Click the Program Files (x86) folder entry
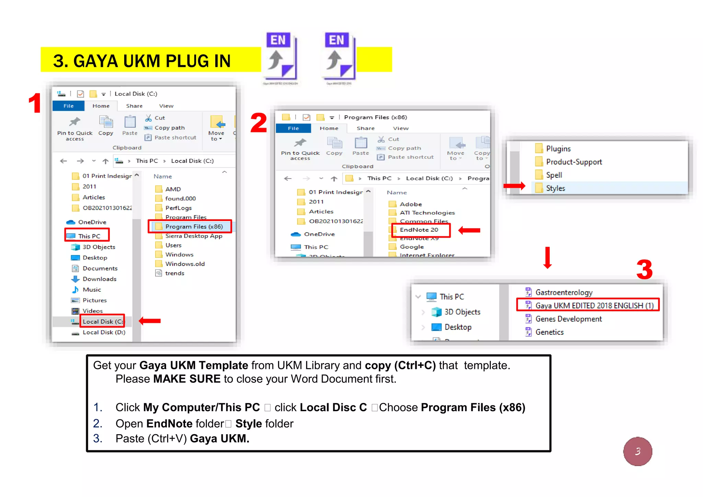(194, 227)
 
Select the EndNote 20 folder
(419, 230)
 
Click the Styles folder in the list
(555, 188)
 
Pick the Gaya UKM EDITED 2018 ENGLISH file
(594, 305)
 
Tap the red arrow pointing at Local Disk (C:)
(150, 321)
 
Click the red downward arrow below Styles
(548, 257)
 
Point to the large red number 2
(258, 123)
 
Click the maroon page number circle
(637, 451)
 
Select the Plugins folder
(558, 149)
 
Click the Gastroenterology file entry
(564, 292)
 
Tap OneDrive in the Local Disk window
(92, 222)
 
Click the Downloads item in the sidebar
(99, 279)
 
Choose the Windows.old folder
(185, 264)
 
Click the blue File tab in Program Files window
(293, 128)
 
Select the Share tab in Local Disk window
(134, 106)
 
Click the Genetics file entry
(549, 332)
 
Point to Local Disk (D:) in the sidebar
(104, 332)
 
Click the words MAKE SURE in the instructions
(187, 379)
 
